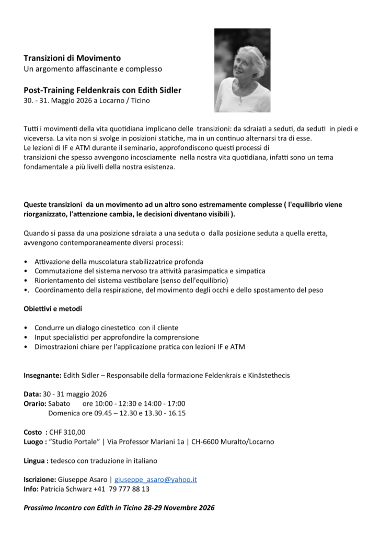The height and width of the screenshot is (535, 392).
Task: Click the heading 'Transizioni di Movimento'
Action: [x=72, y=58]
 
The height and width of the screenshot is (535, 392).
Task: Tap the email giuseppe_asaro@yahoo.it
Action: [x=155, y=479]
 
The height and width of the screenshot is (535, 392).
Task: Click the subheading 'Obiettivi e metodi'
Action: [x=53, y=309]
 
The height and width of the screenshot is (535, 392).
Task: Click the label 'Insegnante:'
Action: [x=43, y=375]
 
